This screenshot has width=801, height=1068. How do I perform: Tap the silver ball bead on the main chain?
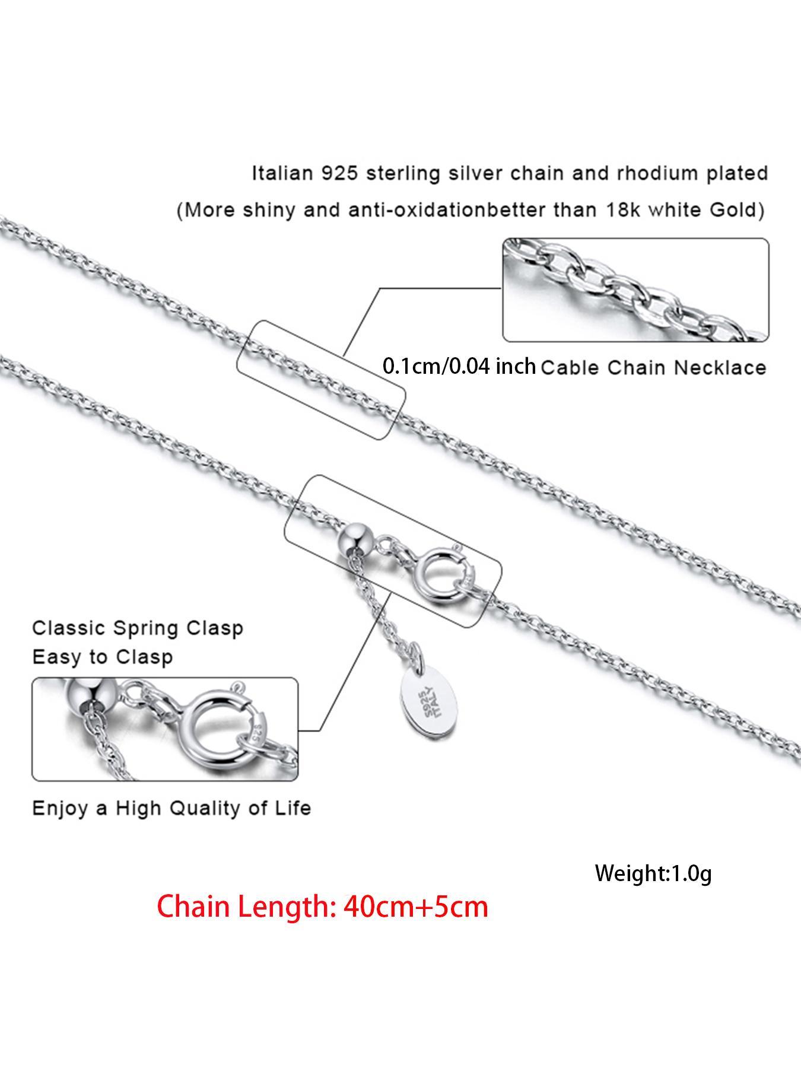click(x=355, y=538)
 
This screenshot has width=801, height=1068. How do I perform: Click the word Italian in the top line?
click(x=282, y=174)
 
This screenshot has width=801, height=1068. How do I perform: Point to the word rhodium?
click(x=636, y=174)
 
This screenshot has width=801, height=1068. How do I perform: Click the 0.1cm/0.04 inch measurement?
click(x=459, y=366)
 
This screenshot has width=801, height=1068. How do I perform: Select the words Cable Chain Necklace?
click(x=653, y=368)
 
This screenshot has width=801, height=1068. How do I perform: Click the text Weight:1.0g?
click(x=653, y=873)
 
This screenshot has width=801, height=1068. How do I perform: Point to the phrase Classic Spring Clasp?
click(x=138, y=628)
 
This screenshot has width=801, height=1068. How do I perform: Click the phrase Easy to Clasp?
click(x=103, y=657)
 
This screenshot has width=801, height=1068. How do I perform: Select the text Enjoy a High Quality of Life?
click(x=171, y=808)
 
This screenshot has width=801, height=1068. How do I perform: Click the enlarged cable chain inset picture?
click(x=635, y=290)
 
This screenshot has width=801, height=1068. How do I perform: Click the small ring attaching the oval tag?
click(x=417, y=659)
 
